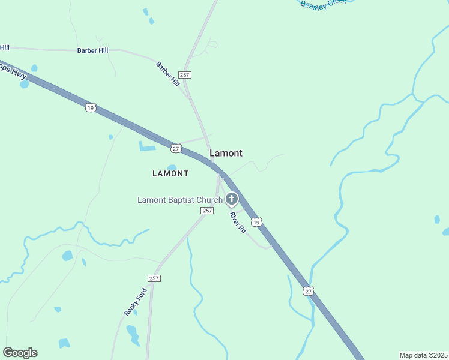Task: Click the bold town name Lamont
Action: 226,154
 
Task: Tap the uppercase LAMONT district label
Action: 170,173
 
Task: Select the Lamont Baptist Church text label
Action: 180,200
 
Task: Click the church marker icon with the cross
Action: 232,199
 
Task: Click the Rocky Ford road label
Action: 135,302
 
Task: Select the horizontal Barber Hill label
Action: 92,50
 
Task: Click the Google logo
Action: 20,353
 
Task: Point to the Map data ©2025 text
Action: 423,355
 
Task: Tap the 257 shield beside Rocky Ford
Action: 154,278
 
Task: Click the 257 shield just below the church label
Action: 207,211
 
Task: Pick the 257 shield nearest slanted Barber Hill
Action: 185,74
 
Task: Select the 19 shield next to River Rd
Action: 256,223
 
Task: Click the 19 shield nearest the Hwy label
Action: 90,107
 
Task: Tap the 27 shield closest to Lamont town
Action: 175,148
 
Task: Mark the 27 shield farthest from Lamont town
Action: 309,291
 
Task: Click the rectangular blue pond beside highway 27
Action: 147,146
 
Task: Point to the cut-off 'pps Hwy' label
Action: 12,69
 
